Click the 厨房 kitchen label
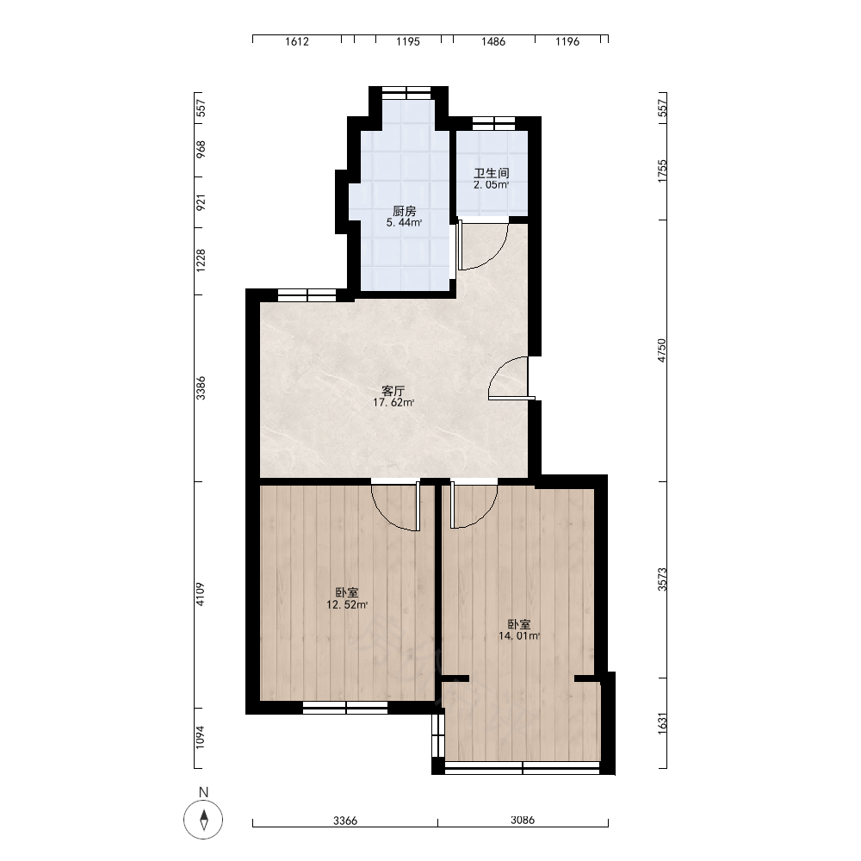coord(404,211)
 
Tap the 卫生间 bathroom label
coord(492,173)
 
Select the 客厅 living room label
coord(393,391)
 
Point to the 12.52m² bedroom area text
coord(347,605)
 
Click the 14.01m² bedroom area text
coord(519,636)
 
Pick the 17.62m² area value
coord(393,402)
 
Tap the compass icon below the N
coord(203,820)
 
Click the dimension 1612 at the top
coord(296,41)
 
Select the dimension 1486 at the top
coord(493,41)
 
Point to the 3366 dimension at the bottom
coord(345,821)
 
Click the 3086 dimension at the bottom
coord(523,821)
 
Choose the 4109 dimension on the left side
coord(201,594)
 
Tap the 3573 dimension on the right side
coord(662,579)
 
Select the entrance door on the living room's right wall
coord(509,378)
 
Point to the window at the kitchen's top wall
coord(406,92)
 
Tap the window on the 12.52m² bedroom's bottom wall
coord(345,708)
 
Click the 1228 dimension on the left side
coord(201,260)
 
